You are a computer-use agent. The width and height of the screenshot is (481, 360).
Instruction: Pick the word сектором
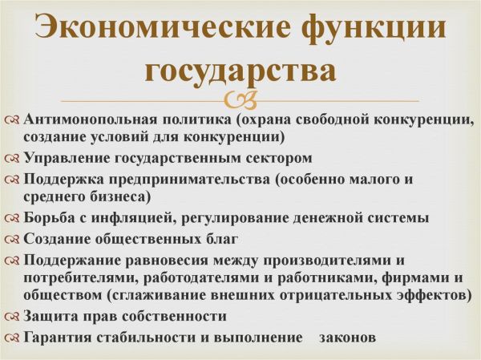(x=278, y=157)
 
